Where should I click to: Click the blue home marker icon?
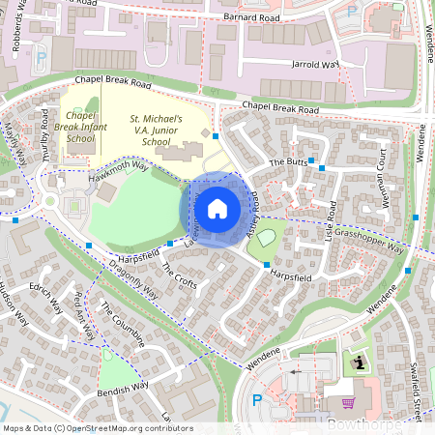click(x=217, y=208)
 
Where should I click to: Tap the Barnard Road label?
click(x=249, y=16)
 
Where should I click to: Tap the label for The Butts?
click(x=287, y=161)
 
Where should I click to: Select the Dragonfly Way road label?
click(x=131, y=278)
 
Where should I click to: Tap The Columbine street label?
click(x=123, y=325)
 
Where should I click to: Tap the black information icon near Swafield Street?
click(x=360, y=362)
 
